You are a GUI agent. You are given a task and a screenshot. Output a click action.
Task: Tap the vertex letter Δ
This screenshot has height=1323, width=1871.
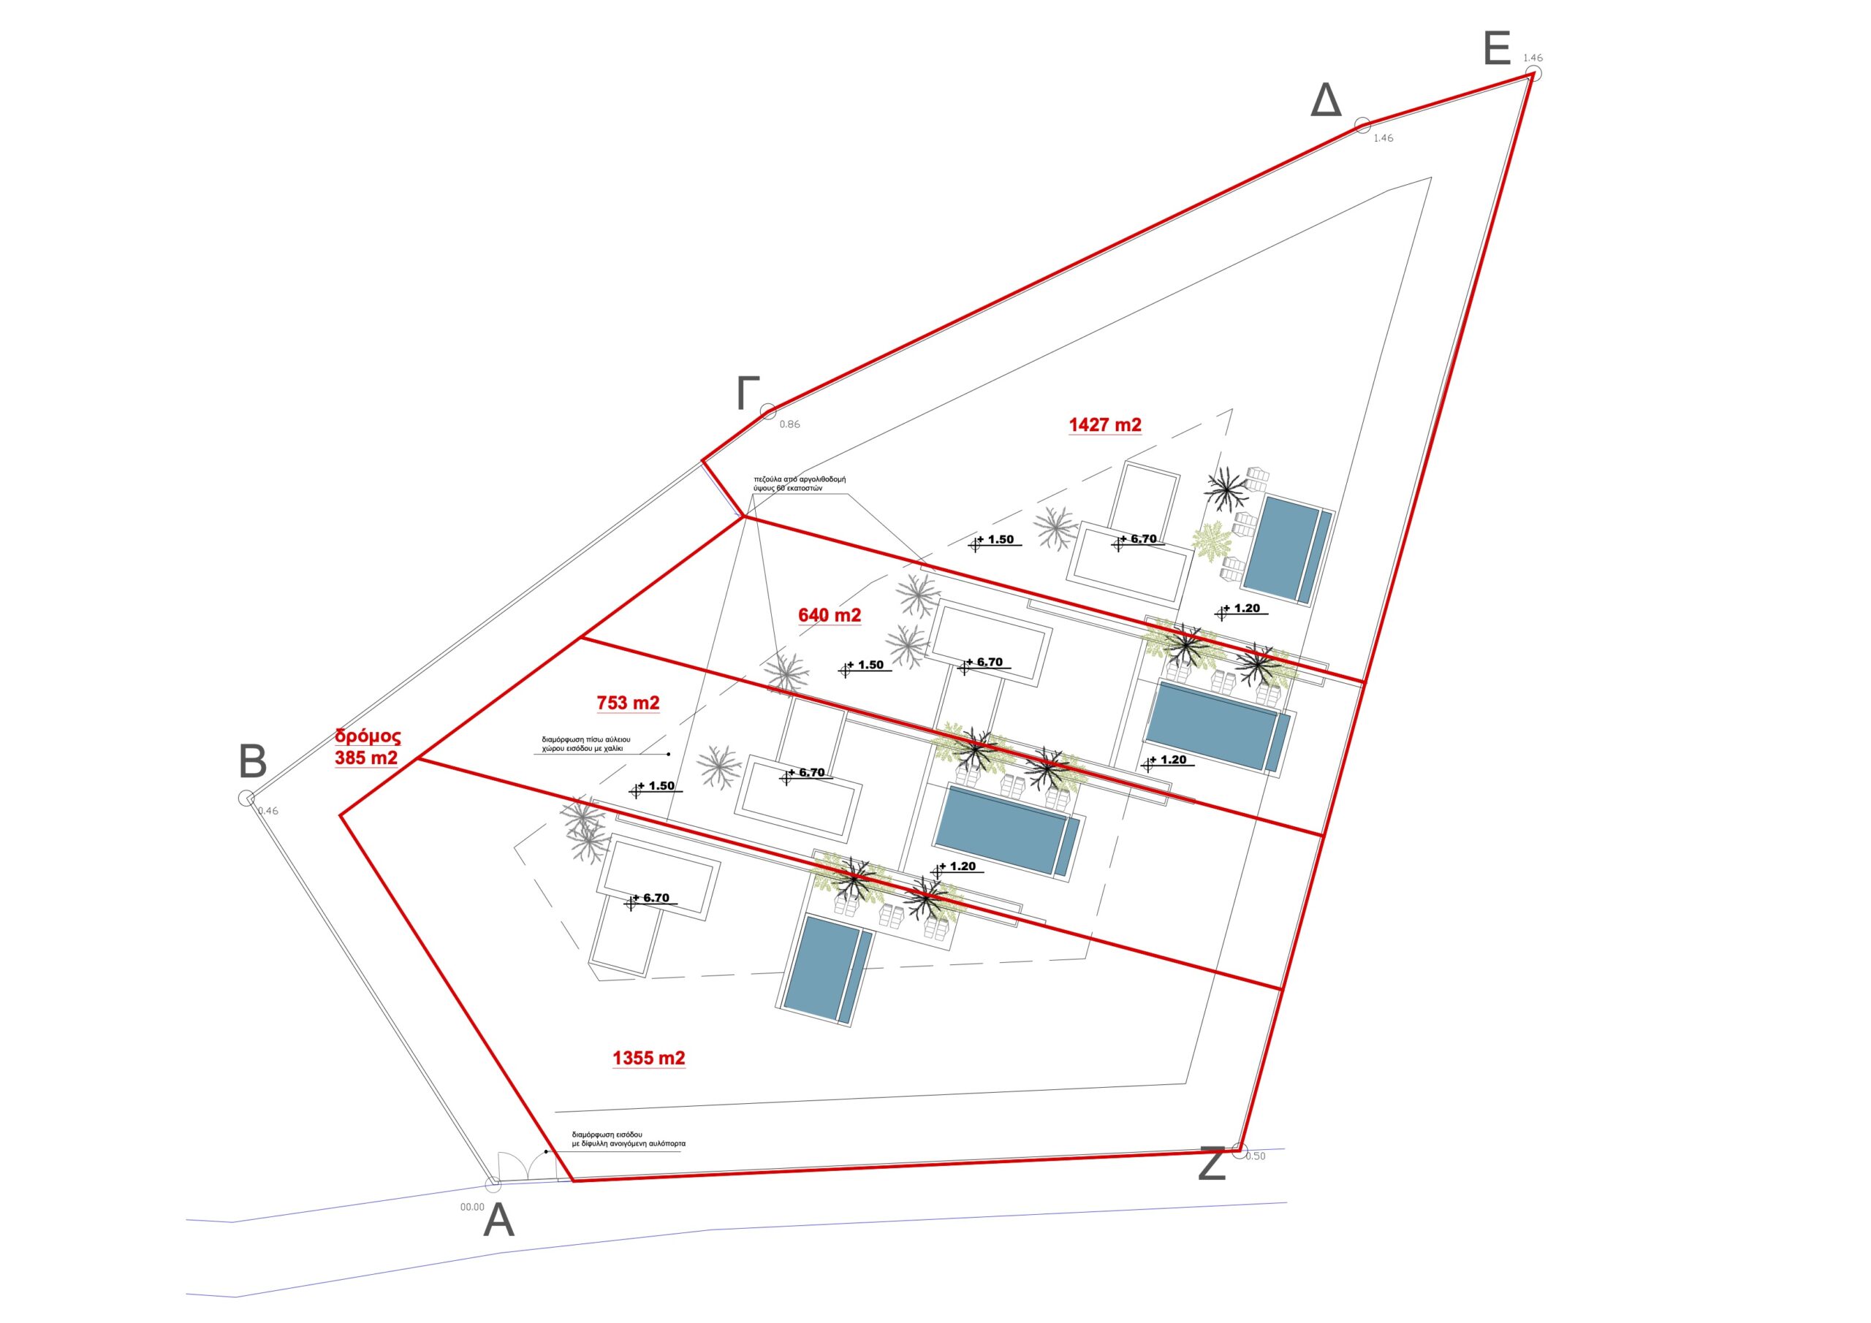1326,102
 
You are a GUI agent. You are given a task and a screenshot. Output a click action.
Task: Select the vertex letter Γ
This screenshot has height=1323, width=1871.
747,394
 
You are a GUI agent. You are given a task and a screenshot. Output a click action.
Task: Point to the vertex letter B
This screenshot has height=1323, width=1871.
253,763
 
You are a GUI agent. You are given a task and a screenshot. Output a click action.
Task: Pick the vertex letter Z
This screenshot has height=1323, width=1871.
1212,1164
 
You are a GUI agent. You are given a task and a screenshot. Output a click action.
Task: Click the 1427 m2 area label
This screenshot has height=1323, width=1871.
1104,424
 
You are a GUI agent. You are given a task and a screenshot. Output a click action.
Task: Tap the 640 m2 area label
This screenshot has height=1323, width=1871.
830,615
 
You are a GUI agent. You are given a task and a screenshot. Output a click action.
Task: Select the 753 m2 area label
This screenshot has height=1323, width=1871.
629,702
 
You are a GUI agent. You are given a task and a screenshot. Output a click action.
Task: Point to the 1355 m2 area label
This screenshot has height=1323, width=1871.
649,1059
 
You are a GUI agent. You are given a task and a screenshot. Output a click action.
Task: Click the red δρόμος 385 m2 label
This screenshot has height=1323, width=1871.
368,747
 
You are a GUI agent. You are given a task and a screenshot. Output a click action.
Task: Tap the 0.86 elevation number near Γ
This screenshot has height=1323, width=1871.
789,424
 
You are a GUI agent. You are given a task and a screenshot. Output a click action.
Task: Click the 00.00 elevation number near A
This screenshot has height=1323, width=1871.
472,1208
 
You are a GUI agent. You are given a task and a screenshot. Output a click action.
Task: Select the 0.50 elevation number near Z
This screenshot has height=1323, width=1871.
1256,1156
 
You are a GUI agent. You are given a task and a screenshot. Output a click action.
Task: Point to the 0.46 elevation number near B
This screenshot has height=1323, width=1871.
268,811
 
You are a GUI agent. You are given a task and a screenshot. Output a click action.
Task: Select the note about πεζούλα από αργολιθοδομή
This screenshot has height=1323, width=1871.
800,484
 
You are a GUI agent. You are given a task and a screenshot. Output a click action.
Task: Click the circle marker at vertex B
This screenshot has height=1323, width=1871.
246,798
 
